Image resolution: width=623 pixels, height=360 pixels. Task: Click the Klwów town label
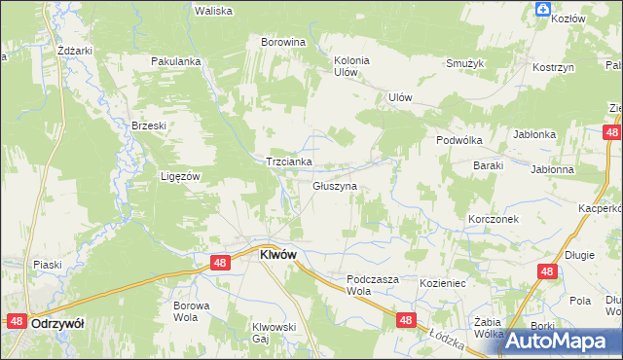tap(277, 254)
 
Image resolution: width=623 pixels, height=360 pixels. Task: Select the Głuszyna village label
tap(335, 185)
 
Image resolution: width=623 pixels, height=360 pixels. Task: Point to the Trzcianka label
tap(289, 162)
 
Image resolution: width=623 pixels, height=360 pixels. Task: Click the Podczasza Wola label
tap(373, 284)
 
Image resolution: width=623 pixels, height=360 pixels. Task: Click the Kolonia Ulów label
tap(351, 66)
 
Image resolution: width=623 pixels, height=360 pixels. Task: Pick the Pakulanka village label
tap(175, 61)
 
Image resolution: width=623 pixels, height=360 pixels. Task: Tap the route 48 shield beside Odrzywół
tap(16, 320)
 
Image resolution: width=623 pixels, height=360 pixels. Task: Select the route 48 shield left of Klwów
tap(220, 263)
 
